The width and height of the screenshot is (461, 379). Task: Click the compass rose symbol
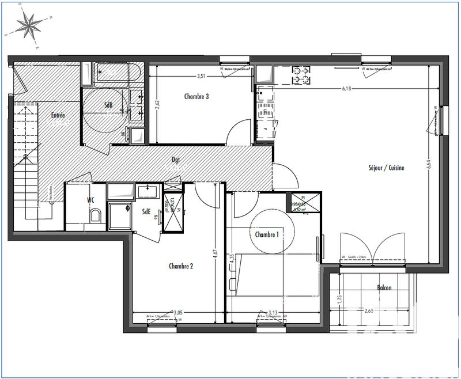pyautogui.click(x=28, y=25)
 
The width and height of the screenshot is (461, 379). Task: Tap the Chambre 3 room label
pyautogui.click(x=197, y=96)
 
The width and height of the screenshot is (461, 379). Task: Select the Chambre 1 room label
pyautogui.click(x=267, y=234)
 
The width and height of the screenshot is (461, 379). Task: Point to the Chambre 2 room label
pyautogui.click(x=181, y=266)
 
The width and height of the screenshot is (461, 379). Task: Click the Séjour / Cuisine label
pyautogui.click(x=386, y=168)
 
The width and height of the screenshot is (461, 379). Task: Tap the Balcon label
pyautogui.click(x=385, y=287)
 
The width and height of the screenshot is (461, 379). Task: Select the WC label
pyautogui.click(x=90, y=200)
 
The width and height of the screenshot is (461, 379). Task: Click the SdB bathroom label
pyautogui.click(x=108, y=105)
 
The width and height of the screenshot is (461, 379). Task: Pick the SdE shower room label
pyautogui.click(x=147, y=211)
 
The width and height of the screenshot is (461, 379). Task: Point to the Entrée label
pyautogui.click(x=58, y=115)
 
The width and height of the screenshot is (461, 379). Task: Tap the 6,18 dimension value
pyautogui.click(x=346, y=89)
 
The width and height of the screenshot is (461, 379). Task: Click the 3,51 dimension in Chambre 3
pyautogui.click(x=201, y=76)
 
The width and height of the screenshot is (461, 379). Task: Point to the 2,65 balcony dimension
pyautogui.click(x=369, y=311)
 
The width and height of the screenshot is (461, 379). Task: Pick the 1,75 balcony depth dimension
pyautogui.click(x=340, y=300)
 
